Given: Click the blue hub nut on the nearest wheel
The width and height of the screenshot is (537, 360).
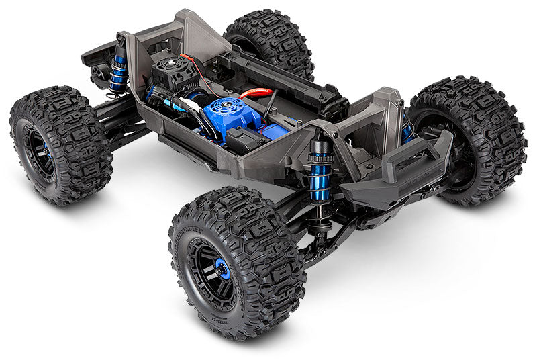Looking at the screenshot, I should coord(223,269).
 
